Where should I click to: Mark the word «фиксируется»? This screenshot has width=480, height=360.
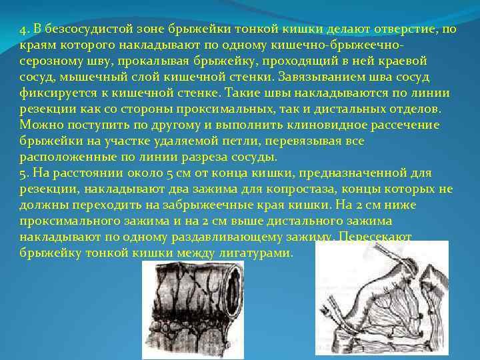pyautogui.click(x=57, y=93)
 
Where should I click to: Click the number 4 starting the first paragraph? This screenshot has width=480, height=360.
pyautogui.click(x=22, y=29)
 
